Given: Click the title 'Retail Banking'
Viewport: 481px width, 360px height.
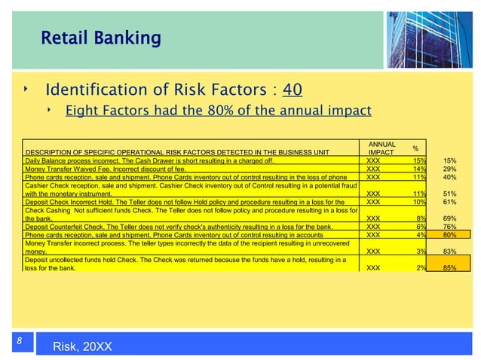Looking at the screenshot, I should (x=100, y=37).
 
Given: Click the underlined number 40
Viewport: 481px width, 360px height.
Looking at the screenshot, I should (x=292, y=90).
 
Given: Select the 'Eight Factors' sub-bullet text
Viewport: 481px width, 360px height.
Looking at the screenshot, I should (x=219, y=111).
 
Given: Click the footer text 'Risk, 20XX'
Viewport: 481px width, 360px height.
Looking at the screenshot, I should (x=83, y=346).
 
